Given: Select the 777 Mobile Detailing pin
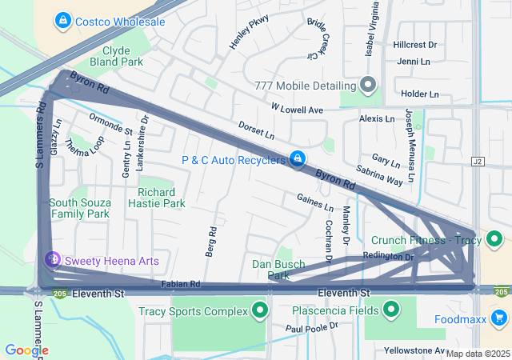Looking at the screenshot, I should (368, 85).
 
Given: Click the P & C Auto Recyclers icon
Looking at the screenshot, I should (298, 159).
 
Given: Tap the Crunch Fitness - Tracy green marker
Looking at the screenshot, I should (494, 239).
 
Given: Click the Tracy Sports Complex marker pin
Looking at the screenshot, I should (259, 310).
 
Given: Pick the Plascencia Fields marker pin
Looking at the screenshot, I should (391, 310).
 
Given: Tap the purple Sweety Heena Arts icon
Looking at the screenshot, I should (52, 260).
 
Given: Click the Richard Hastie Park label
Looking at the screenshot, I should (156, 198).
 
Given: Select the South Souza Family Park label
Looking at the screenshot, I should (79, 208).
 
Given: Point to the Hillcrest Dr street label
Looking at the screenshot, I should (415, 46).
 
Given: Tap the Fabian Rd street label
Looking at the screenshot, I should (180, 284).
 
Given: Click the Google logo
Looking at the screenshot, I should (26, 350).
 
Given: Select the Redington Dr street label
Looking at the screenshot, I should (388, 257).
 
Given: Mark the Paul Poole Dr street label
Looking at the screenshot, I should (313, 327).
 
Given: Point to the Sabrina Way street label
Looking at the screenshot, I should (380, 175).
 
